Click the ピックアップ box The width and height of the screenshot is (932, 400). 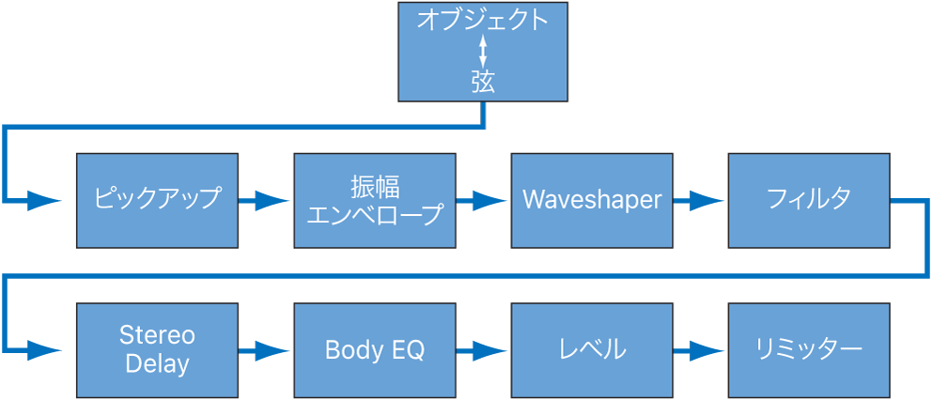coord(157,200)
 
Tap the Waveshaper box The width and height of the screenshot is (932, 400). coord(592,200)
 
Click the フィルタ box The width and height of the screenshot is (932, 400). coord(809,200)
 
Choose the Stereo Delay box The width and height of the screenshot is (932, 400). coord(157,350)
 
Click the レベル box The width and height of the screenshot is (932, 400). coord(592,350)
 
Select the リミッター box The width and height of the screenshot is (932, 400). coord(809,350)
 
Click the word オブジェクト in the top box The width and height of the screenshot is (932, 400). coord(483,21)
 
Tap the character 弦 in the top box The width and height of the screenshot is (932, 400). coord(483,82)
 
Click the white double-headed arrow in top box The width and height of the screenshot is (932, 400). coord(483,51)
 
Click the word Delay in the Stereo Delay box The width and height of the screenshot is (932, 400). coord(157,363)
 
